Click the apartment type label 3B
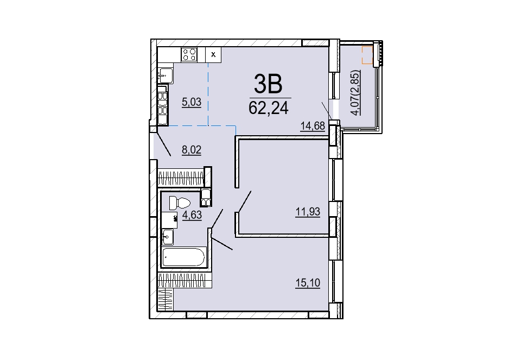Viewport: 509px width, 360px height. click(268, 83)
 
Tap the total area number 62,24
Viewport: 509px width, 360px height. click(269, 108)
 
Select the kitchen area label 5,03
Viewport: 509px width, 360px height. click(192, 102)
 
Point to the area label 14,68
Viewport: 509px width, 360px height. click(313, 125)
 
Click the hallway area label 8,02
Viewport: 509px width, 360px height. click(192, 150)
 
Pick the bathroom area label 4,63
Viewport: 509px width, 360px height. click(192, 215)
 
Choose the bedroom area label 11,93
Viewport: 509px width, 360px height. click(308, 212)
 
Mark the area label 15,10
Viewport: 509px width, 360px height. click(308, 283)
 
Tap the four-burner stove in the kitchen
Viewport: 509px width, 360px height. click(189, 54)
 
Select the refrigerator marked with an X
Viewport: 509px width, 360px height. click(213, 54)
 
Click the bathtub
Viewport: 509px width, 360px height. click(184, 257)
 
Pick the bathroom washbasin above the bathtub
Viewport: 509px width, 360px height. click(168, 236)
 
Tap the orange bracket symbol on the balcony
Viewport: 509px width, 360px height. click(367, 55)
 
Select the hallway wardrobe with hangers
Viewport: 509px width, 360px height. click(181, 178)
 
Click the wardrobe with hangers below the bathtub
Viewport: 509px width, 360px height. click(184, 280)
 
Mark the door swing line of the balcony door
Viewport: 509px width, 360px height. click(327, 111)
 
